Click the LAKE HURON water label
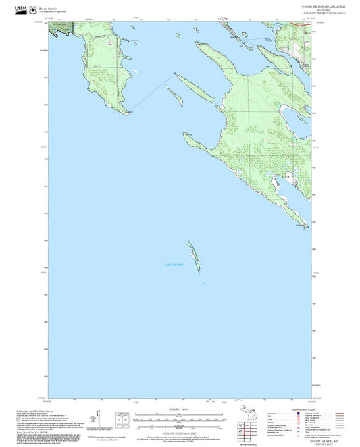click(174, 265)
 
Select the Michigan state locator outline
click(247, 417)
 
